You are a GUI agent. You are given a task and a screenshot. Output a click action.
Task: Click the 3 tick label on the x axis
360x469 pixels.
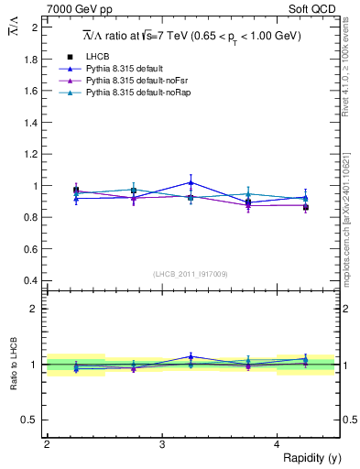tap(162, 443)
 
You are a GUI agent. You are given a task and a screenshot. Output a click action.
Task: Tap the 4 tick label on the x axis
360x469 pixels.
tap(278, 443)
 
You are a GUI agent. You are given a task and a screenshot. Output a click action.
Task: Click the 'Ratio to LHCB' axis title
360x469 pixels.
tap(13, 365)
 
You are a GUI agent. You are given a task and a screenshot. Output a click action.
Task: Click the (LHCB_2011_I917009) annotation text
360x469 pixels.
tap(191, 274)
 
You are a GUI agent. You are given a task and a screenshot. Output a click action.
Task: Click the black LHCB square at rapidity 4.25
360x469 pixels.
tap(306, 207)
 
